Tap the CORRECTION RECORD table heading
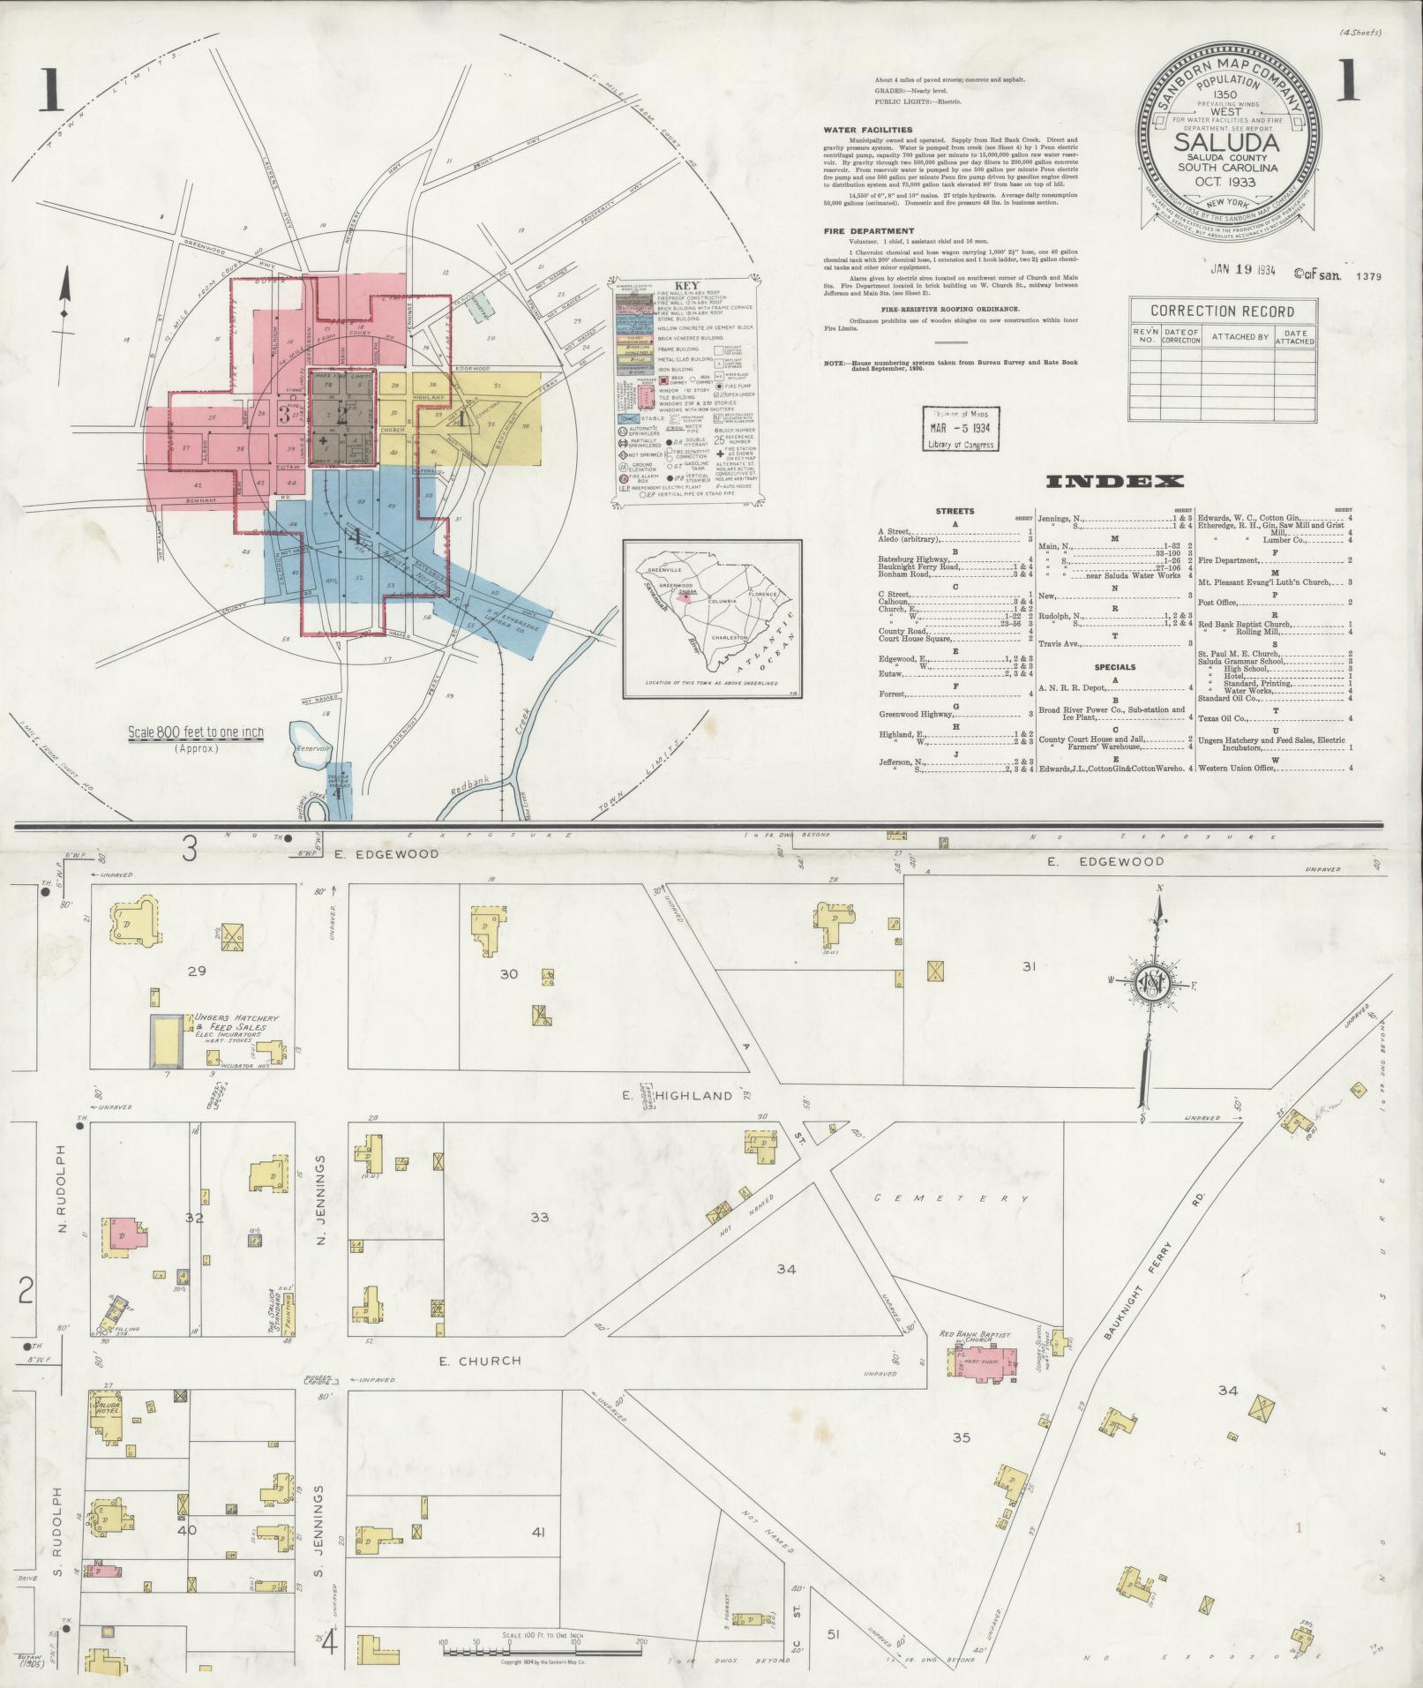pyautogui.click(x=1223, y=311)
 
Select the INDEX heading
pyautogui.click(x=1114, y=482)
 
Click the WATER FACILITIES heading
pyautogui.click(x=868, y=130)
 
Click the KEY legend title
pyautogui.click(x=685, y=286)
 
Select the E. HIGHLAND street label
pyautogui.click(x=697, y=1096)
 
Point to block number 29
pyautogui.click(x=196, y=971)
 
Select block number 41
pyautogui.click(x=539, y=1532)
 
